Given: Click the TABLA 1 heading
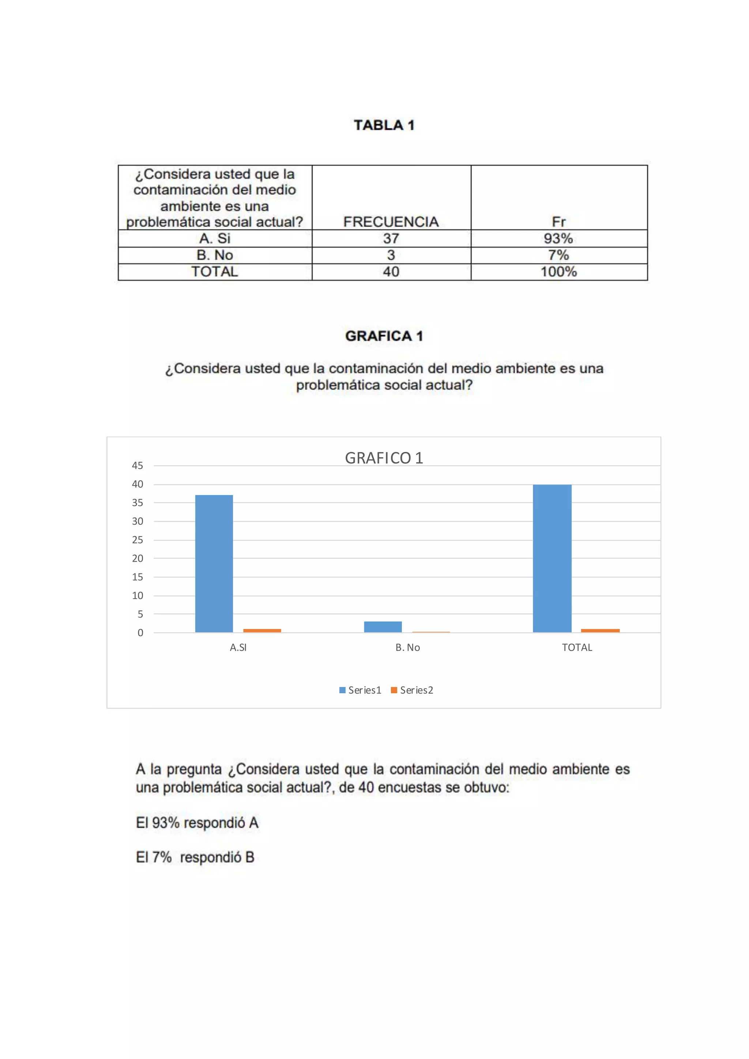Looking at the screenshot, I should [x=384, y=125].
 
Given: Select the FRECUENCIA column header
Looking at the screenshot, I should [x=391, y=222].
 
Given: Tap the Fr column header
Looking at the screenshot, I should [x=558, y=222].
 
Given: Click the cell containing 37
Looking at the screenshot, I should [x=391, y=238].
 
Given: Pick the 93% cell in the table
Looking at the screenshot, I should [x=558, y=238].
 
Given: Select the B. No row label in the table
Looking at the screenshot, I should [x=215, y=255].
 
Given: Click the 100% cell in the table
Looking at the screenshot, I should [x=558, y=272].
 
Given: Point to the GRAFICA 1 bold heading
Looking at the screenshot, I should [x=384, y=336].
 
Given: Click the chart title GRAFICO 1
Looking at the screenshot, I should [x=384, y=458].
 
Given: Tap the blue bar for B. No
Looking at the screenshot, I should [x=383, y=627].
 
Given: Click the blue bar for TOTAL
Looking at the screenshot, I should [x=552, y=558].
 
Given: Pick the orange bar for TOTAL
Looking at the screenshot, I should [x=600, y=630].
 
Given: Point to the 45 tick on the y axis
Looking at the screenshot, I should [x=138, y=466].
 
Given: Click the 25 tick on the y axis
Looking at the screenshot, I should [x=138, y=540].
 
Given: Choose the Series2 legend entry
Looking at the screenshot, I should [x=412, y=690].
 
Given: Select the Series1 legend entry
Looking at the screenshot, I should [x=360, y=690].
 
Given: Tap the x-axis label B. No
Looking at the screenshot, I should [x=408, y=648].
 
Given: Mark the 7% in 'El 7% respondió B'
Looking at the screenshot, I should [x=162, y=857].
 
